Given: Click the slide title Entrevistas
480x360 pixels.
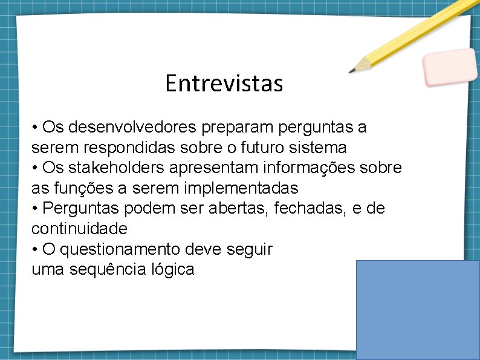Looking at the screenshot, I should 224,83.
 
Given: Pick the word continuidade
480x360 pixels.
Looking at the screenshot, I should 79,229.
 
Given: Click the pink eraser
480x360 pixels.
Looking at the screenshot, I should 450,67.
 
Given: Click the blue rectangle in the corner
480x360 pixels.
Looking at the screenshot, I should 418,309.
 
